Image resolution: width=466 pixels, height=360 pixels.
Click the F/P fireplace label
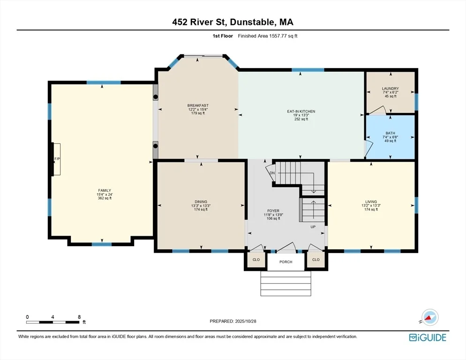click(57, 159)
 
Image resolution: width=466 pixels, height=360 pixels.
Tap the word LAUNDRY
click(390, 89)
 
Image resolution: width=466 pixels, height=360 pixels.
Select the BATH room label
click(390, 133)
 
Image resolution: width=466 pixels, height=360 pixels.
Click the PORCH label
click(286, 262)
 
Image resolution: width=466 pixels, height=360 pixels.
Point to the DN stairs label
click(272, 173)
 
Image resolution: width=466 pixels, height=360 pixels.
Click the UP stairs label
click(313, 227)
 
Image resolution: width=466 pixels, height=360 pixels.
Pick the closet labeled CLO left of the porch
click(256, 260)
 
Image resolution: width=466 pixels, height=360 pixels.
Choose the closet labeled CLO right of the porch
click(316, 260)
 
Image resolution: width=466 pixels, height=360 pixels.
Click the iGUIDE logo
click(428, 337)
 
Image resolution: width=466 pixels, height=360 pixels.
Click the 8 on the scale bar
click(79, 317)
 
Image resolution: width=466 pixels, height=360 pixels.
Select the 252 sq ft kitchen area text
click(301, 119)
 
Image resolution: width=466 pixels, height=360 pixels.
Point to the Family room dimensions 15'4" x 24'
click(105, 195)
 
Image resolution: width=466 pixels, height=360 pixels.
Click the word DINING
click(201, 202)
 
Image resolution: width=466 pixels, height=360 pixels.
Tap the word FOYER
click(273, 211)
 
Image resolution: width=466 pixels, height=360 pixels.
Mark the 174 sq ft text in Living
click(371, 210)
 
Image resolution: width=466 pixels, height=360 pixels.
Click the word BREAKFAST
click(198, 105)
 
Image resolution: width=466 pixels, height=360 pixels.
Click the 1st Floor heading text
click(223, 36)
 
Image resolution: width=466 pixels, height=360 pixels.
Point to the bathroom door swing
click(368, 149)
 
